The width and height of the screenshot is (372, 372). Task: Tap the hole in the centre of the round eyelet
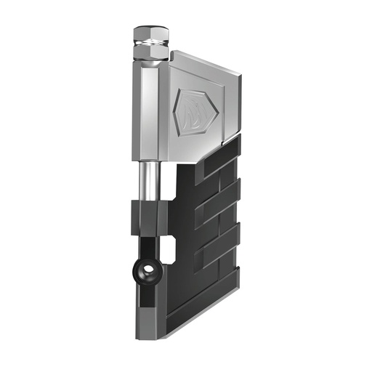[x=148, y=271]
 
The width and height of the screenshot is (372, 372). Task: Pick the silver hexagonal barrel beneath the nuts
[x=150, y=109]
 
